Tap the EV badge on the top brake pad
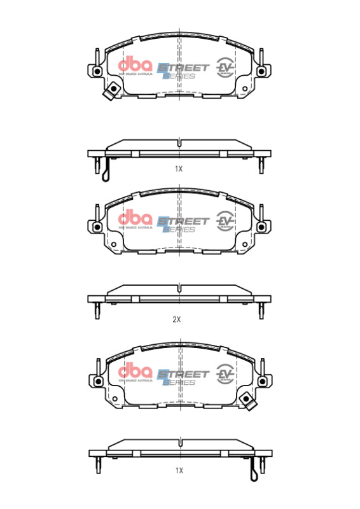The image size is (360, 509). pyautogui.click(x=225, y=66)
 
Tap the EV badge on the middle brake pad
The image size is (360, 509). pyautogui.click(x=225, y=219)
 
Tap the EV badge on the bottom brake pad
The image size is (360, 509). pyautogui.click(x=225, y=372)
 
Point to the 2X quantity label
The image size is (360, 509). pyautogui.click(x=177, y=320)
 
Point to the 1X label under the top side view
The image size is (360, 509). pyautogui.click(x=179, y=169)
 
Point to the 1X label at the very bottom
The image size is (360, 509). pyautogui.click(x=179, y=470)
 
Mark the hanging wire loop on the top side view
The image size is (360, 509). pyautogui.click(x=106, y=170)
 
